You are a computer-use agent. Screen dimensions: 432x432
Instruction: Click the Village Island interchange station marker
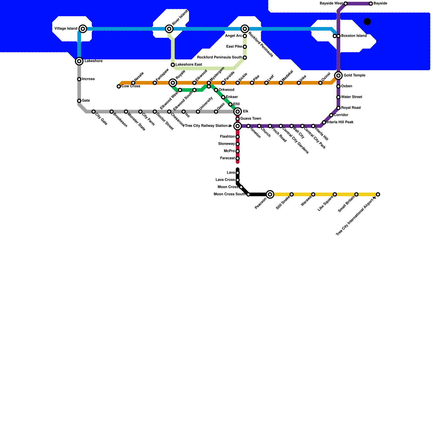tap(83, 29)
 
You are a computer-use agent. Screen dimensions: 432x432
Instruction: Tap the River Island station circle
tap(169, 29)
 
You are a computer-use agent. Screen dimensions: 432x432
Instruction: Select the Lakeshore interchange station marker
tap(79, 61)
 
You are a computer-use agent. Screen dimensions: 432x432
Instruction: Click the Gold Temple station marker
tap(338, 76)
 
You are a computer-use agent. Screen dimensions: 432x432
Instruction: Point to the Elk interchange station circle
tap(238, 112)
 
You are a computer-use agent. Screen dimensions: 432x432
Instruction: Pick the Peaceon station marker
tap(270, 194)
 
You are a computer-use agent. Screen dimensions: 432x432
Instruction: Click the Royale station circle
tap(173, 83)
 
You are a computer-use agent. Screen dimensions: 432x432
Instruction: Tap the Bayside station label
tap(380, 4)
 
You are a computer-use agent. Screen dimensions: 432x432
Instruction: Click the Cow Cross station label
tap(131, 86)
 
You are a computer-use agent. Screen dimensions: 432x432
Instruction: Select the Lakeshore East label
tap(189, 65)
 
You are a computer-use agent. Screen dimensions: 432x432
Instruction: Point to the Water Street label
tap(352, 97)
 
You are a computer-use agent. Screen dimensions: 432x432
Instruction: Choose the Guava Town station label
tap(251, 119)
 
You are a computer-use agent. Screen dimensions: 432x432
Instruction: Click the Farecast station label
tap(227, 158)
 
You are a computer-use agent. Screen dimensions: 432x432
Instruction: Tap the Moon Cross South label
tap(230, 194)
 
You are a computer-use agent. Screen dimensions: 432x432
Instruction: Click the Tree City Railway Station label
tap(206, 126)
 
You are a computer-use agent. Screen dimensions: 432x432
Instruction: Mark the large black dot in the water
tap(367, 22)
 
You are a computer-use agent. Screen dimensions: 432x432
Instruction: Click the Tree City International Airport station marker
tap(378, 194)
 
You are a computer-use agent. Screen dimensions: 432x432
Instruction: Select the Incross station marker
tap(79, 79)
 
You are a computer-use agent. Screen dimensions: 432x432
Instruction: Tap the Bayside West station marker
tap(346, 4)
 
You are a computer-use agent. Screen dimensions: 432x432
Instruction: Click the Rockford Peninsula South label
tap(220, 58)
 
